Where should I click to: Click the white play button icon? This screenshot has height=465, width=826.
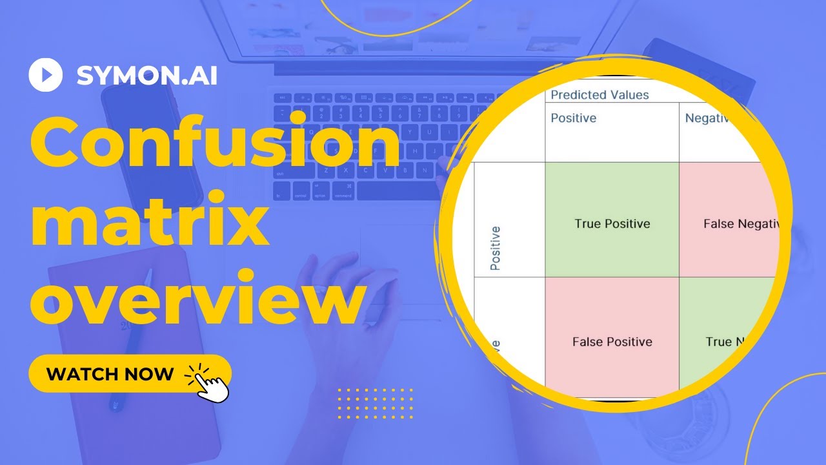(x=45, y=75)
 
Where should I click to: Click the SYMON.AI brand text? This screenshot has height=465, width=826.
(x=146, y=76)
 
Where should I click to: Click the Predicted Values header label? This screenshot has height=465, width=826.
(x=599, y=95)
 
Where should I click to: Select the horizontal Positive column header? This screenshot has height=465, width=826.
(x=573, y=118)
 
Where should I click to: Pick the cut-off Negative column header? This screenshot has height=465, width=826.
(x=710, y=118)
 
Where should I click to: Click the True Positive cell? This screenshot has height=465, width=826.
(x=612, y=223)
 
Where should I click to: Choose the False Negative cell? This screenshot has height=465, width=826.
(x=736, y=223)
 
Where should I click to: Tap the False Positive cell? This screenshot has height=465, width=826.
(x=612, y=341)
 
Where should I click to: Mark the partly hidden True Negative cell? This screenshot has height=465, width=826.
(x=726, y=341)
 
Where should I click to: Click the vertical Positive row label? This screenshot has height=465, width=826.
(x=495, y=247)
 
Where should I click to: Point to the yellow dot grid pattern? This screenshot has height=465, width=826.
(x=375, y=404)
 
